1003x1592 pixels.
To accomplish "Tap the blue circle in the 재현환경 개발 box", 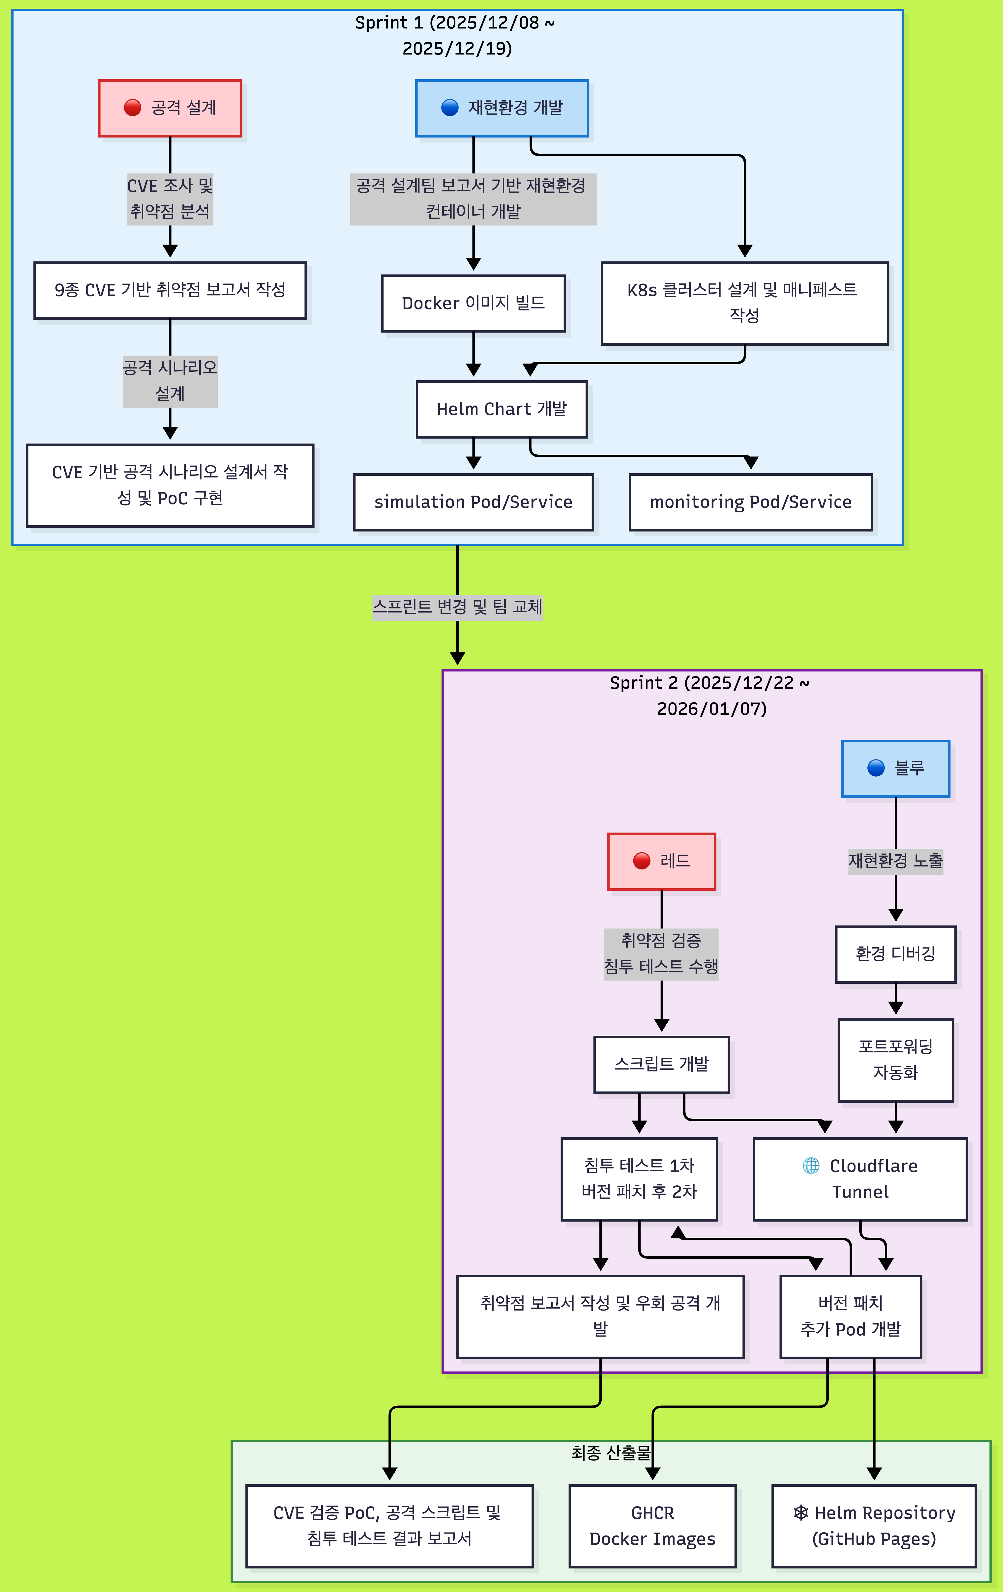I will click(x=450, y=108).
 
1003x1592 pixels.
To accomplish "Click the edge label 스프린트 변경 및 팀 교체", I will click(x=457, y=606).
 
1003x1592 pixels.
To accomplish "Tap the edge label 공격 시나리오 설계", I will click(x=170, y=380).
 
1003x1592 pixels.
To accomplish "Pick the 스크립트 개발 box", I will click(x=662, y=1064).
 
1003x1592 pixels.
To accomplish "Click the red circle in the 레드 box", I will click(x=642, y=861).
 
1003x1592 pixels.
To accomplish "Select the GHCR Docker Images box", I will click(x=652, y=1526).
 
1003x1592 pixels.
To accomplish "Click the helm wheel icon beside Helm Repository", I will click(x=800, y=1513).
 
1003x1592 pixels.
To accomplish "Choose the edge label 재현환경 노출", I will click(x=895, y=861).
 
